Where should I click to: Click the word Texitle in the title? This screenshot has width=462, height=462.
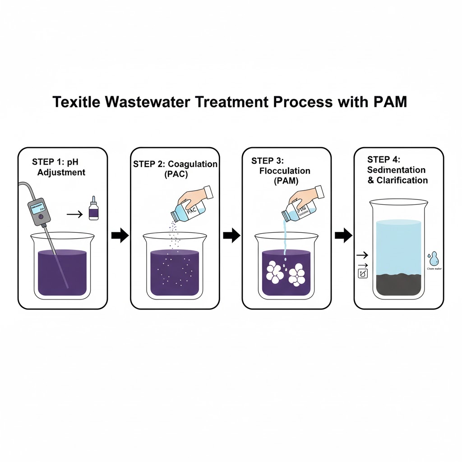(x=76, y=102)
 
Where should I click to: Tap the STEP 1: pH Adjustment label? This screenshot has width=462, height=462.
(x=58, y=167)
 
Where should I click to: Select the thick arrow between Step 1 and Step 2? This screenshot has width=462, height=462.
(x=120, y=236)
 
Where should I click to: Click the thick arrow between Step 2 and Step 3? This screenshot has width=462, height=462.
(x=232, y=235)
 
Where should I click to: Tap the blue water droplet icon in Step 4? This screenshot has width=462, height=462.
(x=434, y=259)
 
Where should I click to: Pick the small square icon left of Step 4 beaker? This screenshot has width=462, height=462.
(x=362, y=273)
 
